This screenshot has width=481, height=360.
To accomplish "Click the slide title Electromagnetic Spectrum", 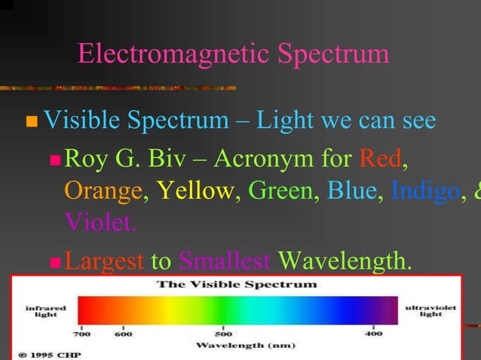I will (233, 54).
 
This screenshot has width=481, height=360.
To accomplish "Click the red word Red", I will (381, 159).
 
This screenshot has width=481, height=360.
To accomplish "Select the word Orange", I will (103, 191).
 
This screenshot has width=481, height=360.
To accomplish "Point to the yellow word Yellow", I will (195, 191).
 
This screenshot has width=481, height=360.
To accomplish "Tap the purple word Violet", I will (100, 223).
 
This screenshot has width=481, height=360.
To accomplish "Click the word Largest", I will (104, 261).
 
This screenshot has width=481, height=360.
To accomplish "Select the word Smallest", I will (224, 261).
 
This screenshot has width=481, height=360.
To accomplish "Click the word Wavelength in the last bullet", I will (345, 261).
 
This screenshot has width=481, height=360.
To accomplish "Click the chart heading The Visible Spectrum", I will (236, 285).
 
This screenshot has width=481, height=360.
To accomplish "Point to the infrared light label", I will (46, 311).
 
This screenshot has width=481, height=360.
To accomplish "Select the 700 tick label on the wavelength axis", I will (81, 333).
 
